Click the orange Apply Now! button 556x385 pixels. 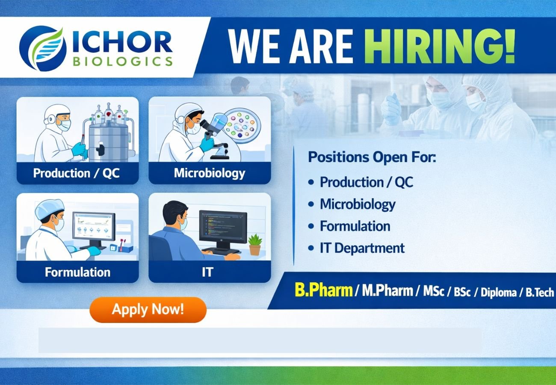click(148, 309)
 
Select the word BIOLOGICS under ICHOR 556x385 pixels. click(123, 61)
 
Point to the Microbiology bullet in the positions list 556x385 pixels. click(358, 204)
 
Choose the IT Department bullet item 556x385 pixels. click(362, 248)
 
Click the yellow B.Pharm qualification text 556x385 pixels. click(323, 291)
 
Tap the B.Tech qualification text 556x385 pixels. click(540, 293)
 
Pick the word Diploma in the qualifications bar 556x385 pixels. click(499, 293)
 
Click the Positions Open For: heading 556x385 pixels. click(372, 157)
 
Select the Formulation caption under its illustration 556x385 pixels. click(77, 272)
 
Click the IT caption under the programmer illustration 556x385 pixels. click(207, 272)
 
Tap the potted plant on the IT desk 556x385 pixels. click(255, 244)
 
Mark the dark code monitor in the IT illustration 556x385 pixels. click(222, 226)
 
